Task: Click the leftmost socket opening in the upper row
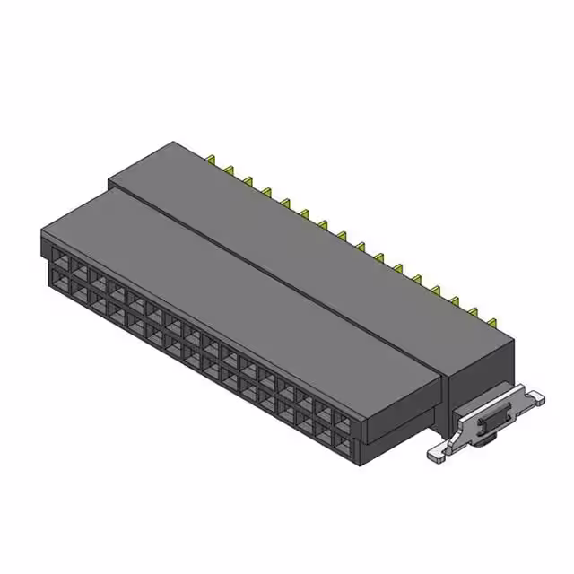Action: click(x=57, y=257)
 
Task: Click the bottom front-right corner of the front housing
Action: click(x=363, y=465)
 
